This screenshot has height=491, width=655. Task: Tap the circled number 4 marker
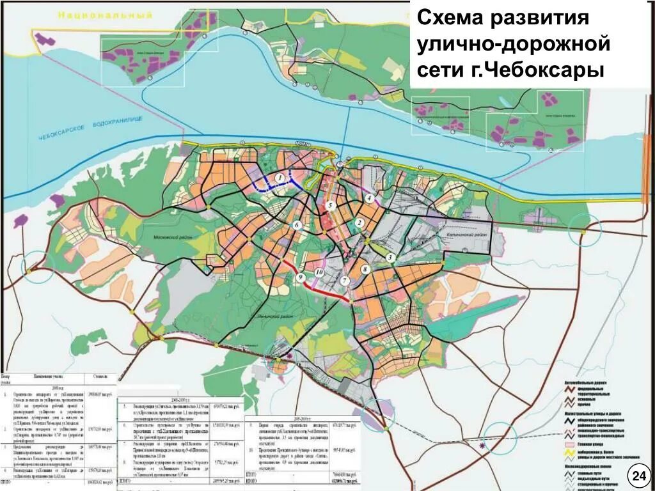click(x=370, y=198)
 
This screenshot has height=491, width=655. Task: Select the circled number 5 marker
click(x=330, y=206)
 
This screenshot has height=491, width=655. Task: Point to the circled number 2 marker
click(x=359, y=222)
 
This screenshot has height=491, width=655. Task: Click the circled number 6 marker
click(x=297, y=225)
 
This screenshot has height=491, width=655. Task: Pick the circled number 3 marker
click(x=390, y=257)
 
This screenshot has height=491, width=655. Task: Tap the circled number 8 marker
click(x=365, y=270)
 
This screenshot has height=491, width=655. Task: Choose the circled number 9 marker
click(x=299, y=277)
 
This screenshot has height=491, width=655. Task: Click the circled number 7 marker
click(x=344, y=281)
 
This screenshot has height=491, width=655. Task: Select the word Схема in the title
click(x=448, y=18)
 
